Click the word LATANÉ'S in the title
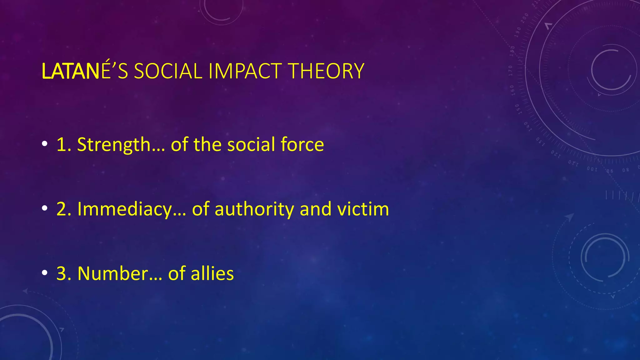click(85, 71)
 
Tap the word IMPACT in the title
click(245, 71)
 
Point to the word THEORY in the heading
click(327, 71)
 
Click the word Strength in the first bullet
click(114, 145)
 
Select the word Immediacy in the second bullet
click(125, 209)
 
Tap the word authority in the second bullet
click(254, 209)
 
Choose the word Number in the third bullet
click(113, 273)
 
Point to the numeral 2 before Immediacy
click(62, 209)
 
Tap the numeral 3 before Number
click(62, 273)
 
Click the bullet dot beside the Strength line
click(45, 144)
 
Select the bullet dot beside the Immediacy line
click(45, 208)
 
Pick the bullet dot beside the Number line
click(45, 273)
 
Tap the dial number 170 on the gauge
click(510, 71)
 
